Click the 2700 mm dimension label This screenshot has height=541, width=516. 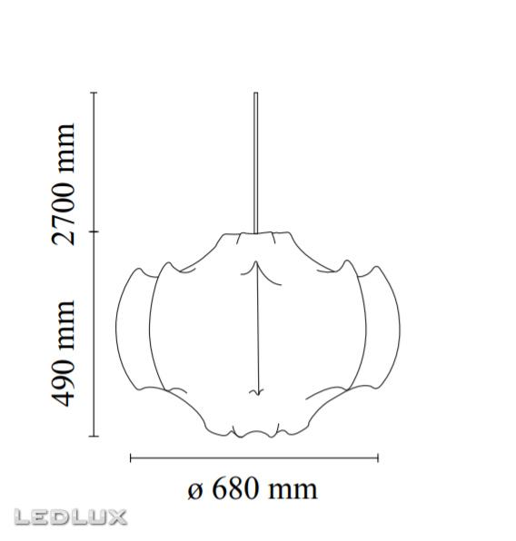pos(63,184)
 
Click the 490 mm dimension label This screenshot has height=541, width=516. pos(63,354)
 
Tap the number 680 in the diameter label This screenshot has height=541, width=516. pos(236,488)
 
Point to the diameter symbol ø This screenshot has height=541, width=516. pos(194,491)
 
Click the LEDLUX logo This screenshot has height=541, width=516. pos(71,517)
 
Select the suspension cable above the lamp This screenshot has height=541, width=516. pos(256,162)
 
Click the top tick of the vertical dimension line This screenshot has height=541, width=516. pos(94,93)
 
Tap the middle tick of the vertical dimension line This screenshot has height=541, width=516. pos(94,231)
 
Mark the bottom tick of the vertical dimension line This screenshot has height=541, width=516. pos(94,437)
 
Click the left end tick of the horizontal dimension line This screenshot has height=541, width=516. pos(130,458)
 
